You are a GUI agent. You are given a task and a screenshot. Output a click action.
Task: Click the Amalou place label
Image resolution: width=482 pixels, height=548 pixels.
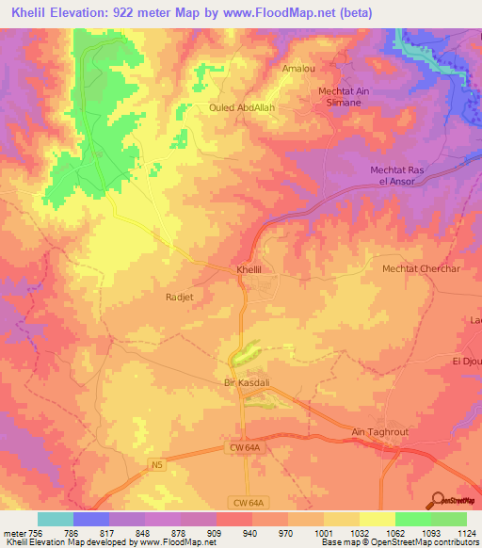click(297, 69)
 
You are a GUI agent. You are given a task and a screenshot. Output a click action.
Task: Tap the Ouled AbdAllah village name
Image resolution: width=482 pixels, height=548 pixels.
click(242, 107)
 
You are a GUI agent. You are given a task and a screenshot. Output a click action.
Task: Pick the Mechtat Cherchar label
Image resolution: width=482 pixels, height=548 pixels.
click(420, 268)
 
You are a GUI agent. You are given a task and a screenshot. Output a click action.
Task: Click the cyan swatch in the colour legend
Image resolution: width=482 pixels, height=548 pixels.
click(56, 519)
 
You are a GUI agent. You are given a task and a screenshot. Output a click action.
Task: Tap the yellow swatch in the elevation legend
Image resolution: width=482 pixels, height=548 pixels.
click(378, 519)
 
